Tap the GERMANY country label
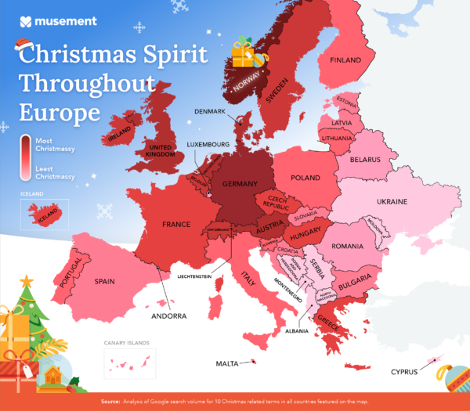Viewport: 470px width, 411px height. coord(240,183)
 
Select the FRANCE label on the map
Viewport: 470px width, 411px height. coord(176,225)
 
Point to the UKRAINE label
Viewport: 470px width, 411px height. coord(392,202)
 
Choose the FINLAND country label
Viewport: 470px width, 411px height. coord(345,60)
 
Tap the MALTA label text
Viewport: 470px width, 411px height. coord(226,364)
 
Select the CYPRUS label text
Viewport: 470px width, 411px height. coord(404,372)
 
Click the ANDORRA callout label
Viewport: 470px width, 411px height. coord(169,316)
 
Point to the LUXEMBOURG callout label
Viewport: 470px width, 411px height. coord(208,145)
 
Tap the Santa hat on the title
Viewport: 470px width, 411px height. coord(30,49)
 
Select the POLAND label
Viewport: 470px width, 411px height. coord(305,178)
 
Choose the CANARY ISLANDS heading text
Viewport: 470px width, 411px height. coord(127,343)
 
